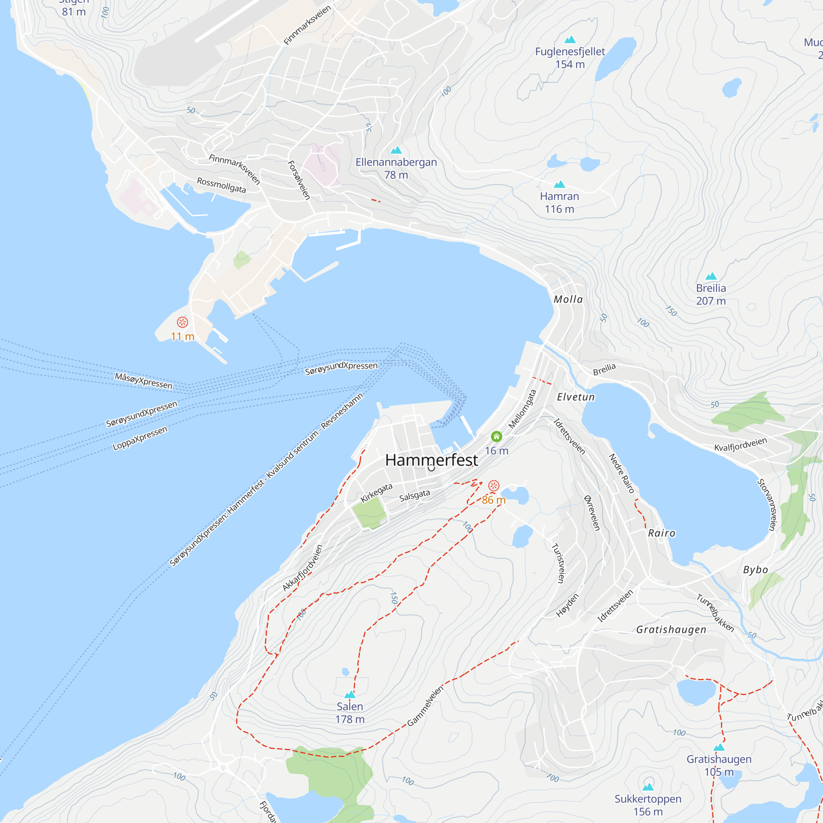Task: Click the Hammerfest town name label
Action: pyautogui.click(x=431, y=460)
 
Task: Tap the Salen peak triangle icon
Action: pyautogui.click(x=350, y=695)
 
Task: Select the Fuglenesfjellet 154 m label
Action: pyautogui.click(x=570, y=58)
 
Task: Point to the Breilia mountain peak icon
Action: pyautogui.click(x=711, y=277)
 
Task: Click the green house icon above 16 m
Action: pyautogui.click(x=496, y=436)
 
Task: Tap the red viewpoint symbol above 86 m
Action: pyautogui.click(x=493, y=486)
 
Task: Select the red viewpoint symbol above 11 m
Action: pyautogui.click(x=182, y=322)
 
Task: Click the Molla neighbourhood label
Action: pyautogui.click(x=568, y=300)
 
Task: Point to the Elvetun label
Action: pyautogui.click(x=576, y=397)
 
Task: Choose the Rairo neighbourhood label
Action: pyautogui.click(x=661, y=533)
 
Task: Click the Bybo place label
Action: pyautogui.click(x=755, y=570)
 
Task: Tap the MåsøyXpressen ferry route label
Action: pyautogui.click(x=144, y=381)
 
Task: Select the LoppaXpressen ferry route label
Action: pyautogui.click(x=140, y=438)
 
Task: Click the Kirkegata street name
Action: pyautogui.click(x=377, y=493)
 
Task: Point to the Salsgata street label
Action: pyautogui.click(x=414, y=496)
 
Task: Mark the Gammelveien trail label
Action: pyautogui.click(x=425, y=706)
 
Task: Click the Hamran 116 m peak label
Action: pyautogui.click(x=559, y=202)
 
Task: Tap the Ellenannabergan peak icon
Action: pyautogui.click(x=396, y=150)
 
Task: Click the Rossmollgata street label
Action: pyautogui.click(x=221, y=185)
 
